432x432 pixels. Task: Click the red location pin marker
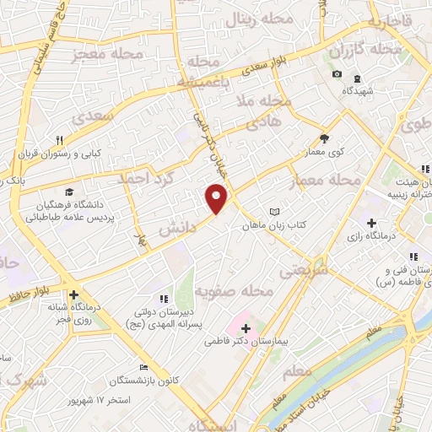(217, 198)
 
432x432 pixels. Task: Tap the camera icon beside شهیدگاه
(337, 74)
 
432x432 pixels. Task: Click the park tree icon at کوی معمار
(324, 139)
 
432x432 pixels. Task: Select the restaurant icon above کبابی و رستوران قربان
(59, 140)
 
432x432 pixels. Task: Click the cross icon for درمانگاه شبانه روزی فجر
(76, 295)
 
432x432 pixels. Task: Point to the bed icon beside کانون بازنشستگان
(144, 368)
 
